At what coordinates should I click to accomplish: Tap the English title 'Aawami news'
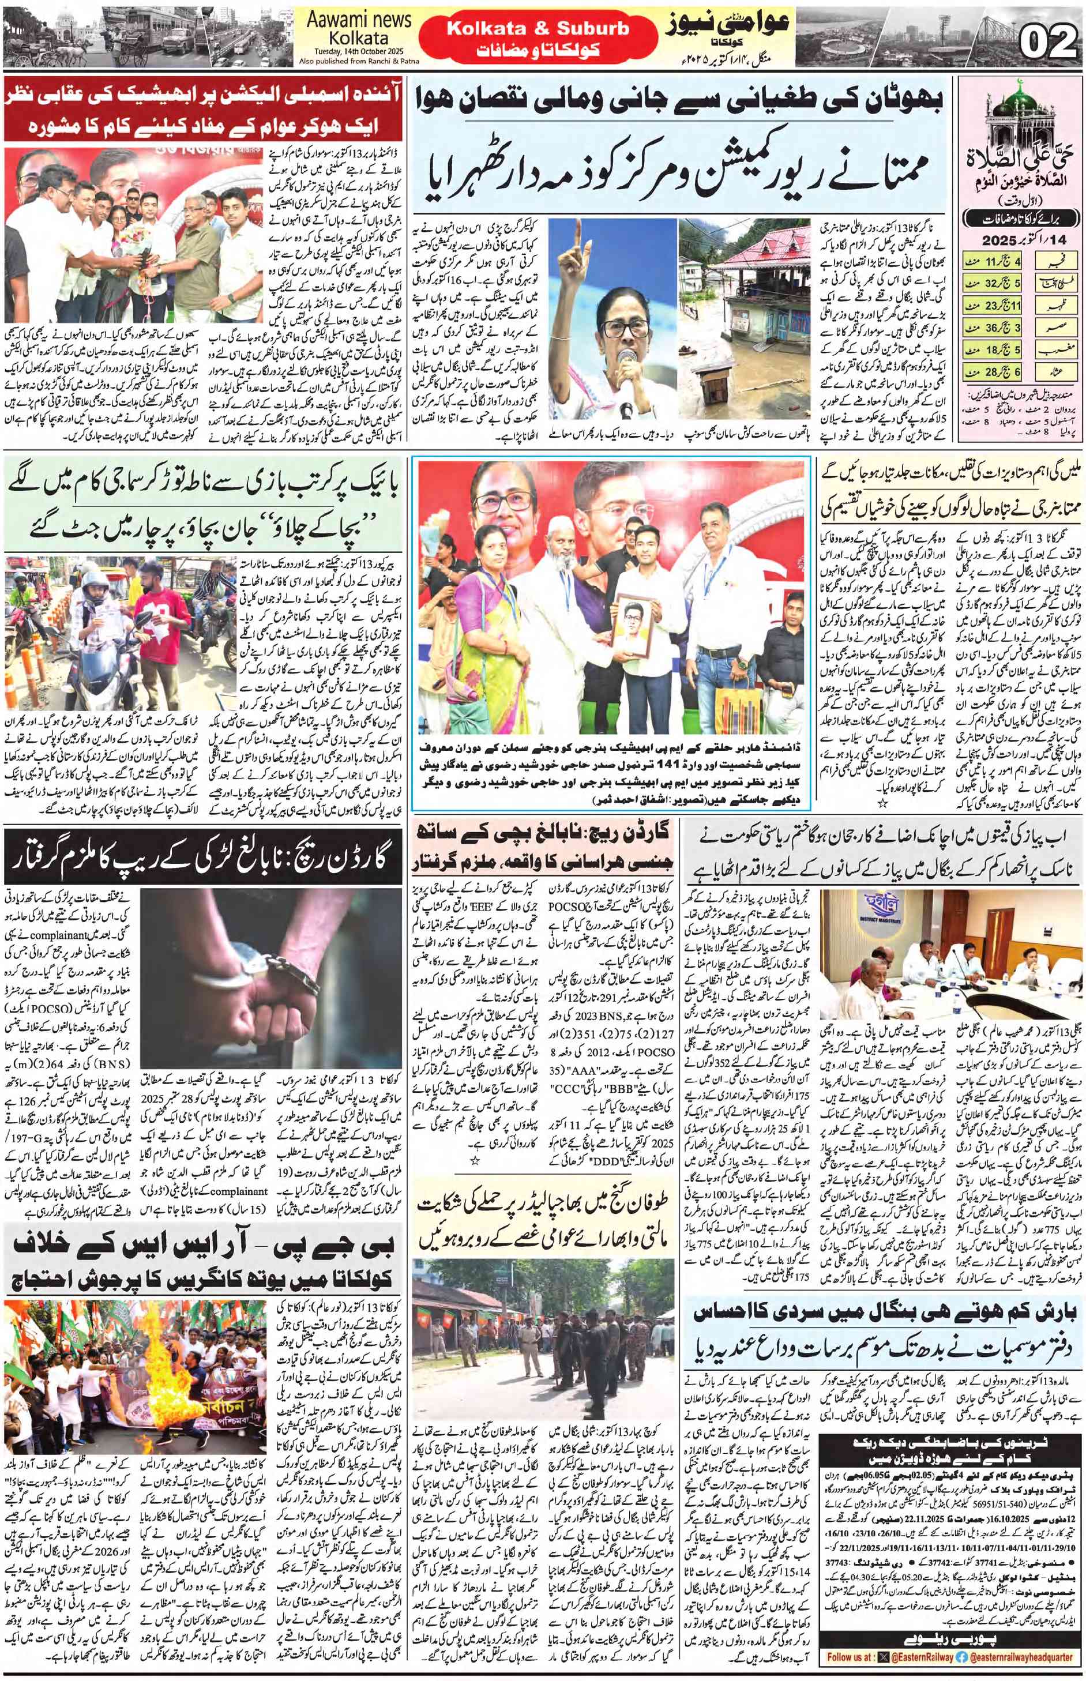[358, 21]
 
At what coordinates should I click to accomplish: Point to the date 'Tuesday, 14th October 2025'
[358, 51]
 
